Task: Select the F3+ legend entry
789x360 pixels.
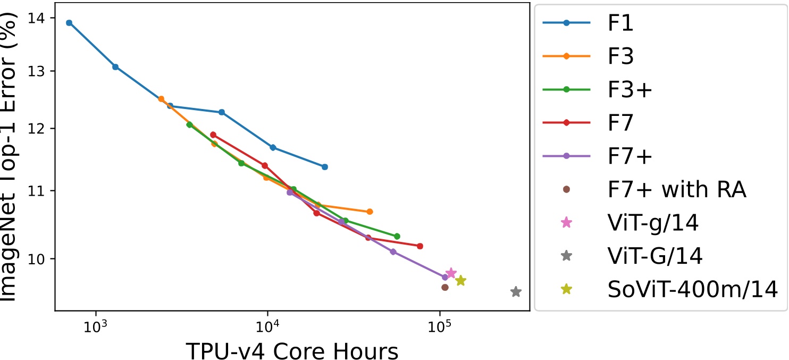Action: (x=629, y=89)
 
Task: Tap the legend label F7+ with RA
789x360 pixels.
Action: (x=678, y=189)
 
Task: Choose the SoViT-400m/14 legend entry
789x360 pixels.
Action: (x=693, y=289)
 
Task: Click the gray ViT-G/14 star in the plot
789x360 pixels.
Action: (x=516, y=292)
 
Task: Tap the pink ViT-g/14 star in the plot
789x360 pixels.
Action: (x=451, y=273)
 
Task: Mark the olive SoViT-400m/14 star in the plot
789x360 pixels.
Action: (x=460, y=281)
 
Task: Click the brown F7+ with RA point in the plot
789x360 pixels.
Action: (x=445, y=288)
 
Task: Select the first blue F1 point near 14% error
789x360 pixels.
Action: (x=69, y=23)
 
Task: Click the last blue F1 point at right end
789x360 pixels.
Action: (x=325, y=167)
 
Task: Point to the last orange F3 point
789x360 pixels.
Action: (x=370, y=212)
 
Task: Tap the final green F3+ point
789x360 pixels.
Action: (x=397, y=236)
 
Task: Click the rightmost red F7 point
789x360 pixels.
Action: (x=420, y=246)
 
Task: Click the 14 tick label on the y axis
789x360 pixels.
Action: (x=39, y=18)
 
